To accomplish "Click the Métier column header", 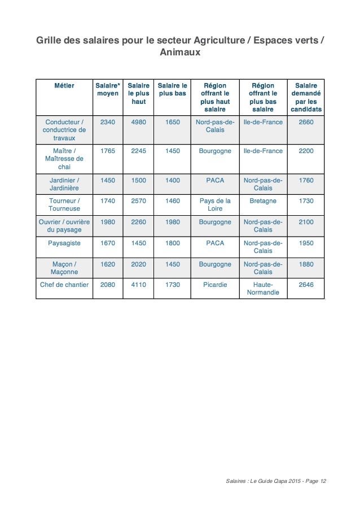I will (x=64, y=85).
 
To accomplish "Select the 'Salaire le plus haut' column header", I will (x=138, y=93).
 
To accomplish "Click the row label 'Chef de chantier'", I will (x=64, y=285).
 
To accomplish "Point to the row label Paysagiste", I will (x=64, y=243).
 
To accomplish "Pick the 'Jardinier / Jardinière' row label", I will (x=64, y=184).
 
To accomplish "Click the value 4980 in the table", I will (x=138, y=121).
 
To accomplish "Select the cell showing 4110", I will (x=138, y=285).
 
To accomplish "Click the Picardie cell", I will (x=215, y=285).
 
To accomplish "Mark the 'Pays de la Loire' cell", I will (x=215, y=204).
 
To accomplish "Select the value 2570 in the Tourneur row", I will (x=138, y=200).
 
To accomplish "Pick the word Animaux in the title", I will (x=180, y=54).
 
